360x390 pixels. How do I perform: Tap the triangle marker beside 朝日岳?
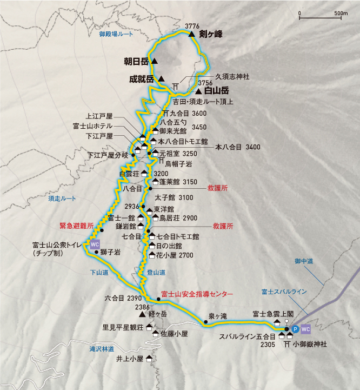click(x=155, y=61)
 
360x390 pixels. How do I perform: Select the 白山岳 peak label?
click(x=217, y=91)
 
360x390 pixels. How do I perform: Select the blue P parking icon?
click(x=295, y=328)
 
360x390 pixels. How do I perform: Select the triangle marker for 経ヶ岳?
click(x=142, y=314)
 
